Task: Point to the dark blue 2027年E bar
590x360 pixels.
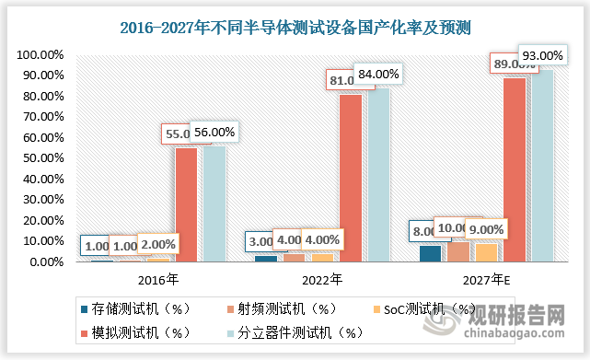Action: (x=430, y=254)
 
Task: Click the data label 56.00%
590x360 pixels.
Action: (x=214, y=133)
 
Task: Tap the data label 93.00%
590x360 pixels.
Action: (x=541, y=55)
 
